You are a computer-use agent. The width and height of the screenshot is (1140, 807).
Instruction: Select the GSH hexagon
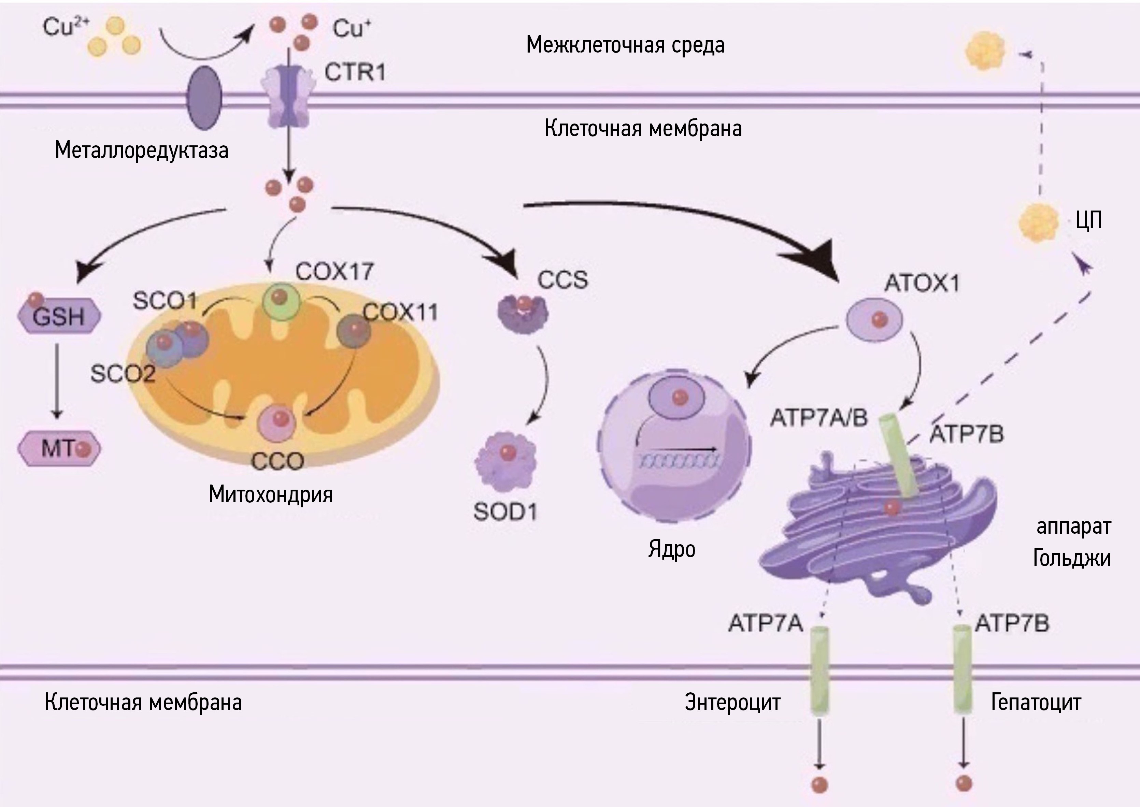coord(59,316)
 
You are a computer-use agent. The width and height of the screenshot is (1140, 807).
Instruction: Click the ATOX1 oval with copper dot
coord(875,319)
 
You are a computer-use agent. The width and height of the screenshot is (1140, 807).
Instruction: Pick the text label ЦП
coord(1088,220)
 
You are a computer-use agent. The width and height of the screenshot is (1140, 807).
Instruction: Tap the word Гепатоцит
coord(1036,703)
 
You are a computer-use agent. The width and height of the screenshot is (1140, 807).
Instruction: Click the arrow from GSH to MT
coord(57,381)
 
